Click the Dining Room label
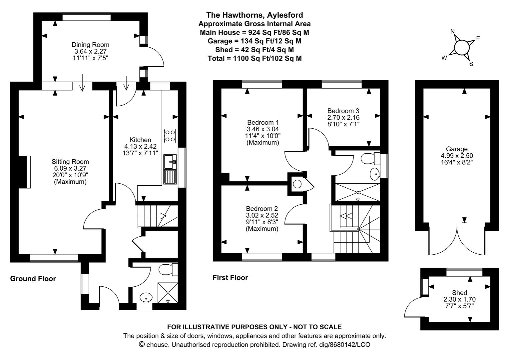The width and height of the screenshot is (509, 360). click(x=90, y=45)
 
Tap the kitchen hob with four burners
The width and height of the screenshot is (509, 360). click(x=170, y=136)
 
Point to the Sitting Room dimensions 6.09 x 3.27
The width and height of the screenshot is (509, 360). click(x=70, y=169)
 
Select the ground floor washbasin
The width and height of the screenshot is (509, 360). click(x=146, y=297)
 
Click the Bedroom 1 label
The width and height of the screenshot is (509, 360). click(x=262, y=122)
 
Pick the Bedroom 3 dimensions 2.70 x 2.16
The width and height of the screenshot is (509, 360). click(x=343, y=118)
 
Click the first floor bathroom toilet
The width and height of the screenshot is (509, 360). click(x=371, y=159)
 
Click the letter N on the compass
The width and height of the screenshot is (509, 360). click(x=452, y=32)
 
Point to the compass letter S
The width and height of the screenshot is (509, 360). click(x=471, y=64)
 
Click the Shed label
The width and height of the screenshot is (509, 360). click(x=459, y=293)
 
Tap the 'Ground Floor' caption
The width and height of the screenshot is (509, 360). click(x=33, y=279)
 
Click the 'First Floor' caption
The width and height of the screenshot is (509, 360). click(x=230, y=277)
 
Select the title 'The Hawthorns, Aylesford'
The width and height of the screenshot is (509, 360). click(x=254, y=15)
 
